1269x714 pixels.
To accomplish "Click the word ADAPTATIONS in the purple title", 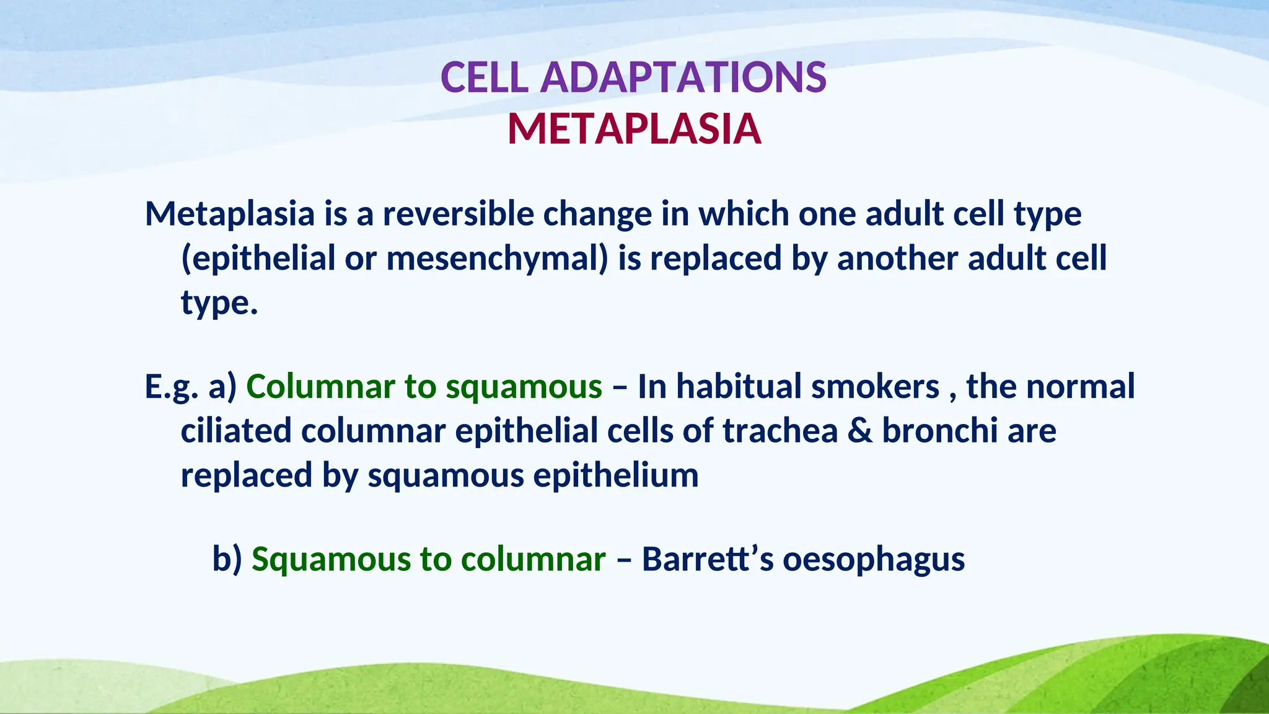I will [x=683, y=78].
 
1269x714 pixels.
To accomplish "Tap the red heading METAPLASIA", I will [x=634, y=130].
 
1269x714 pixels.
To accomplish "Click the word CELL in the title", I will [x=484, y=78].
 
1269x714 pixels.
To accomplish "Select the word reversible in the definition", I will [x=458, y=214].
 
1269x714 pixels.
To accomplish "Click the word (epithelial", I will [x=258, y=258].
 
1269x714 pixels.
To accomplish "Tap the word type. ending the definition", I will [x=219, y=304].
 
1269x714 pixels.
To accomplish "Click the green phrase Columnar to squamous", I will [x=424, y=386].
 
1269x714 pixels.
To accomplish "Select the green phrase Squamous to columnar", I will [x=428, y=559].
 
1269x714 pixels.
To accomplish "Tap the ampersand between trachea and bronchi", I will [x=859, y=431].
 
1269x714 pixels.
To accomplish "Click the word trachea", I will [x=780, y=431].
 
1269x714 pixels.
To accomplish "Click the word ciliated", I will [x=235, y=431].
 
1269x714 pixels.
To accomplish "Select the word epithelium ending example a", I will [x=615, y=476].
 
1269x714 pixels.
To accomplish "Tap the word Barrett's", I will [x=707, y=559].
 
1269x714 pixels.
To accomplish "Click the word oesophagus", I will [x=873, y=559].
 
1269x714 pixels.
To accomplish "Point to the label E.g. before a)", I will [x=171, y=387].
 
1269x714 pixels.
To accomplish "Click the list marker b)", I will [x=227, y=559].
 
